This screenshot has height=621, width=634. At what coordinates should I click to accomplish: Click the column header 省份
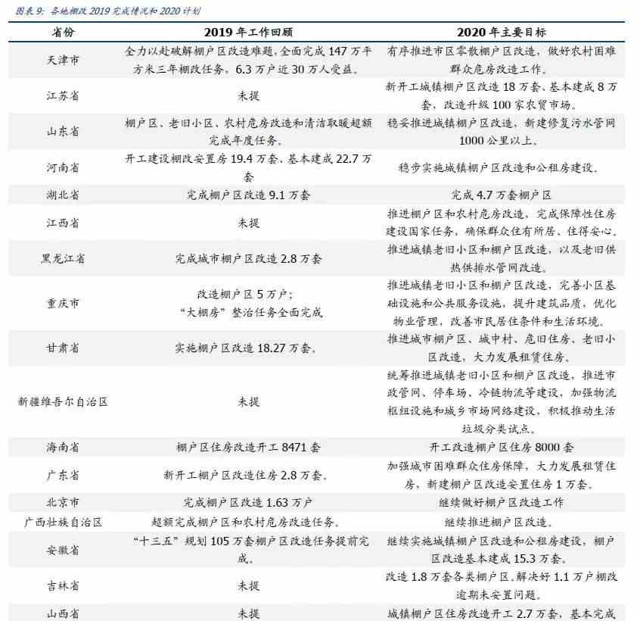pyautogui.click(x=63, y=33)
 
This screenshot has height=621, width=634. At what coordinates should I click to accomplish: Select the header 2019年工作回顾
pyautogui.click(x=248, y=33)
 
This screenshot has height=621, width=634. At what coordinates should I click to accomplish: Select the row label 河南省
pyautogui.click(x=63, y=167)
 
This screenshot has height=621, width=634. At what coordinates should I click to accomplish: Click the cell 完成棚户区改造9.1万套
pyautogui.click(x=248, y=194)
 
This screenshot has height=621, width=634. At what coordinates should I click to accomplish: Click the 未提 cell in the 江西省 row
pyautogui.click(x=248, y=223)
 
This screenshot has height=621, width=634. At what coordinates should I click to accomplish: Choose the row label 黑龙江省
pyautogui.click(x=63, y=258)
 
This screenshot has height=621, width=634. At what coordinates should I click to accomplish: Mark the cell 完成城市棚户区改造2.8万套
pyautogui.click(x=248, y=258)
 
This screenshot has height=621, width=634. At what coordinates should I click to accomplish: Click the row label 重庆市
pyautogui.click(x=63, y=303)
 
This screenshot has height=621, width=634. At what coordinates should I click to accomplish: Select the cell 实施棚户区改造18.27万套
pyautogui.click(x=248, y=348)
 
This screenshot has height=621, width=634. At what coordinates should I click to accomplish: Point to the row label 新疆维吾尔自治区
pyautogui.click(x=63, y=401)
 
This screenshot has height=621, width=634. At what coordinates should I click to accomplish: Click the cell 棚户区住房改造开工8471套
pyautogui.click(x=248, y=447)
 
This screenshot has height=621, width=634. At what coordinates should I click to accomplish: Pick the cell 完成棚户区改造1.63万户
pyautogui.click(x=248, y=502)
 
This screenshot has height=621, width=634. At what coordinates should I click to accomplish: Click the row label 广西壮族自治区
pyautogui.click(x=63, y=522)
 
